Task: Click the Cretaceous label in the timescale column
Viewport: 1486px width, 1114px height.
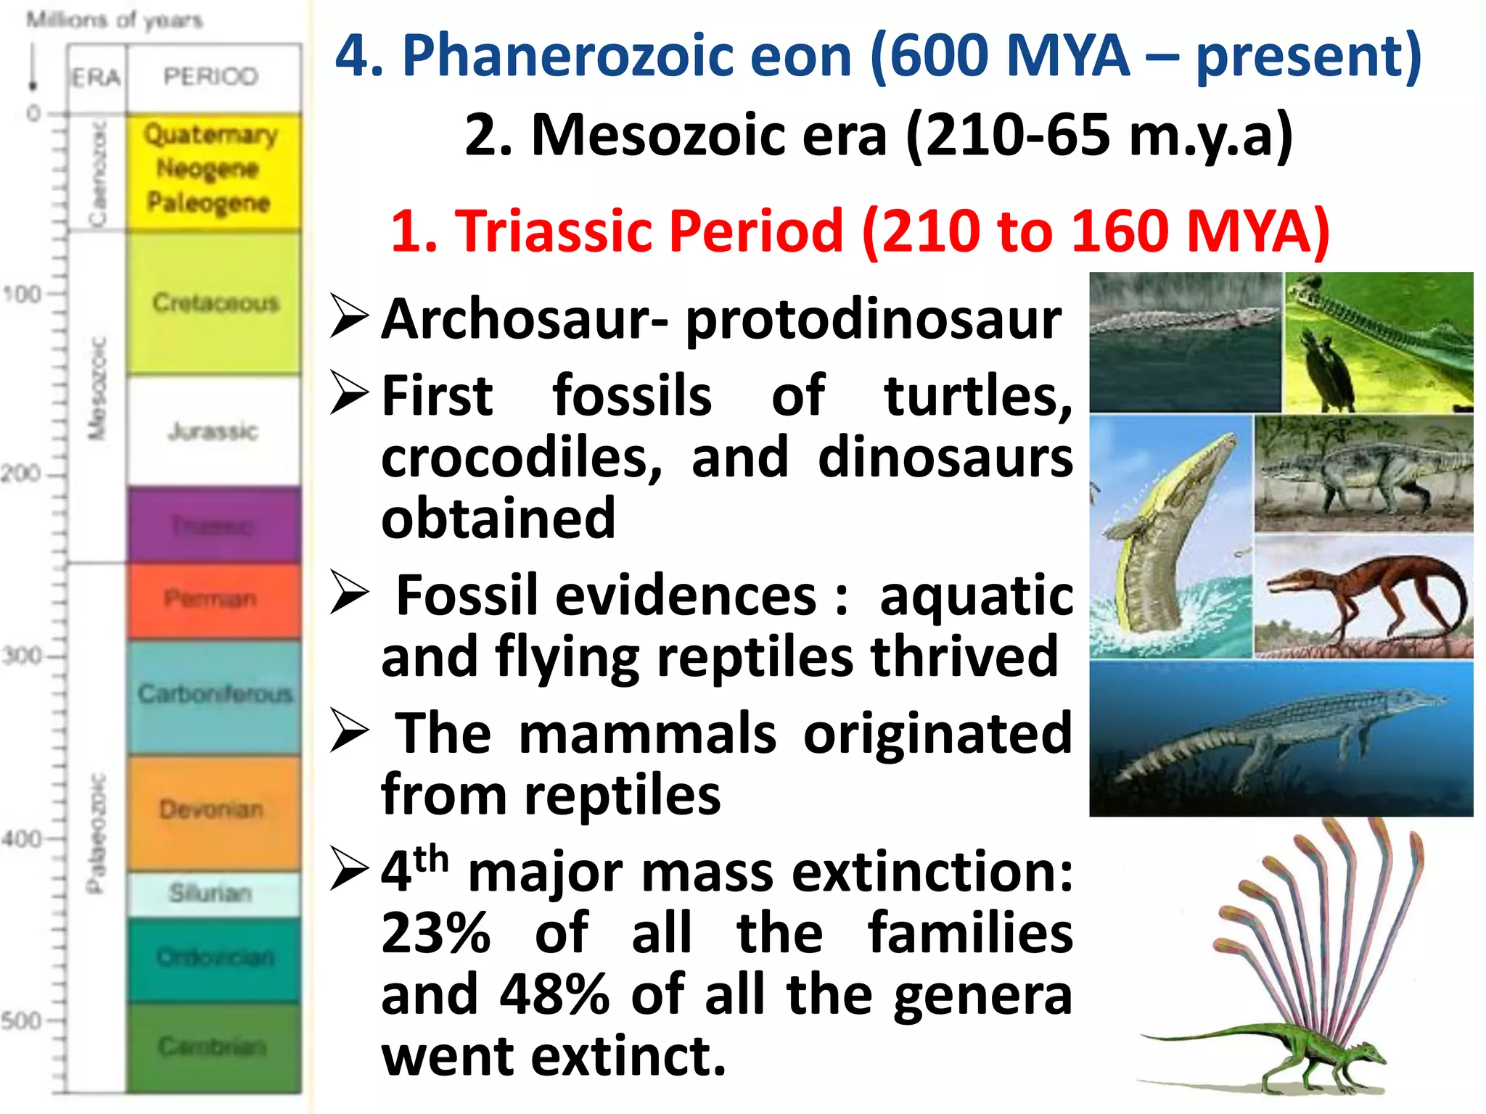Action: point(215,302)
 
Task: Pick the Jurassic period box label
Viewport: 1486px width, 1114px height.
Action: point(213,432)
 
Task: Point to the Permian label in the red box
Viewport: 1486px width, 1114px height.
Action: point(210,599)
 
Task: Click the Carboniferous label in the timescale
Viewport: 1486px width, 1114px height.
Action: point(215,694)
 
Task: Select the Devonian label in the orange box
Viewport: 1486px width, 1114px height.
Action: point(211,809)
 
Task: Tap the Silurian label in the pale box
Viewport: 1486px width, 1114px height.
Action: point(210,893)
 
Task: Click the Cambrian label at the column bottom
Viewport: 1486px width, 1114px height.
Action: point(212,1046)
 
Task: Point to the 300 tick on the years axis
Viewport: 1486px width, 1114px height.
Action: point(22,656)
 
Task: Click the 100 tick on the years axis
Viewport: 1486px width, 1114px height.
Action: point(22,294)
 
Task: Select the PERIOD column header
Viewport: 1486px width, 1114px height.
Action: point(210,76)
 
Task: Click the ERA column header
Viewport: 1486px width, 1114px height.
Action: point(96,77)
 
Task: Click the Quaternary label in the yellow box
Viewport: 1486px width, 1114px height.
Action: point(210,135)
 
